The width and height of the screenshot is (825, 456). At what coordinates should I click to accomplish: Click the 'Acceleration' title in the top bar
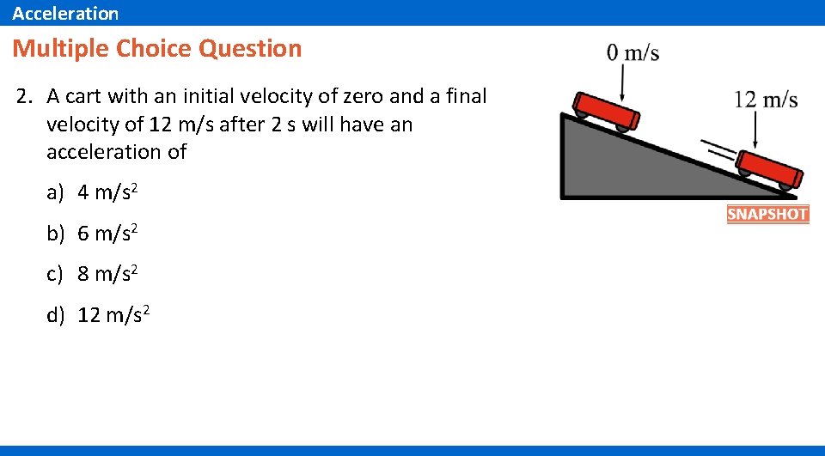[x=65, y=13]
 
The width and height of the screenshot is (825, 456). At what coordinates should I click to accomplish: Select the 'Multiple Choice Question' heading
[x=157, y=48]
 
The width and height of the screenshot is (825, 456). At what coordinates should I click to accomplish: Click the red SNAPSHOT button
[x=767, y=214]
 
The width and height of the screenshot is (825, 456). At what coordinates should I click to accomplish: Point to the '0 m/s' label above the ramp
[x=632, y=53]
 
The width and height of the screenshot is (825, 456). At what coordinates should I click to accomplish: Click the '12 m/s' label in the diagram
[x=766, y=100]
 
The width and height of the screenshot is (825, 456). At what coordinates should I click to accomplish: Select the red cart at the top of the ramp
[x=608, y=111]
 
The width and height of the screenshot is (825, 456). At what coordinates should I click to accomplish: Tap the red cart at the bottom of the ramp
[x=770, y=171]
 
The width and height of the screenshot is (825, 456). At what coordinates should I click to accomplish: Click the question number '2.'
[x=24, y=96]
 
